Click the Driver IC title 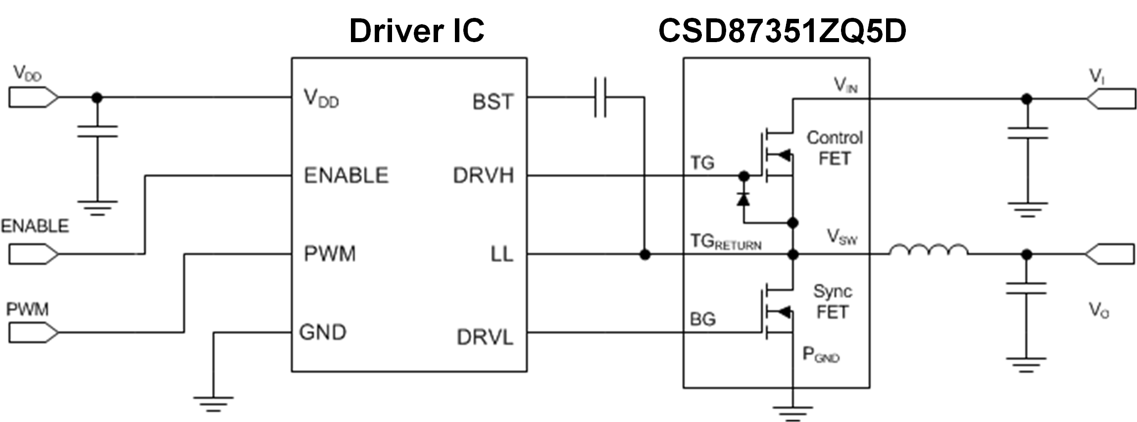coord(416,31)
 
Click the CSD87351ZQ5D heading coord(782,31)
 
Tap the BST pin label coord(493,102)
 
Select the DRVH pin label coord(483,176)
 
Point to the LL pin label coord(501,255)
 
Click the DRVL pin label coord(485,337)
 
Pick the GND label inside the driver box coord(322,332)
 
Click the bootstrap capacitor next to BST coord(600,98)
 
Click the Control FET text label coord(835,148)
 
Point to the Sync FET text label coord(833,302)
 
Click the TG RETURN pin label coord(726,242)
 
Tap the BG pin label coord(703,319)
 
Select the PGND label coord(821,355)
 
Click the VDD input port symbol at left coord(33,98)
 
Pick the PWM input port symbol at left coord(33,332)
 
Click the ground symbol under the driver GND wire coord(213,403)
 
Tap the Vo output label coord(1098,311)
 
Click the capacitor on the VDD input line coord(98,132)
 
